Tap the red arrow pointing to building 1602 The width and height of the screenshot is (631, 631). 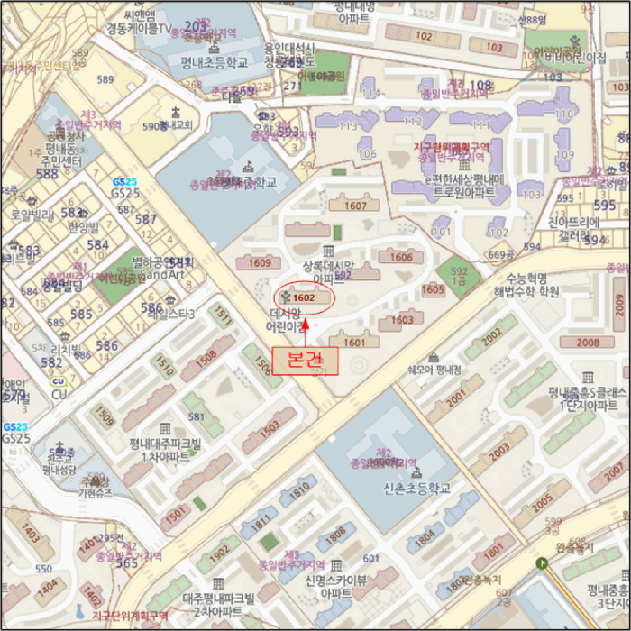click(x=305, y=327)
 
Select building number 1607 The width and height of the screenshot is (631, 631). click(x=356, y=206)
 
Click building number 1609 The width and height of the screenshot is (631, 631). click(x=260, y=263)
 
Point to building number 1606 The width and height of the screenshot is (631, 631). click(x=401, y=257)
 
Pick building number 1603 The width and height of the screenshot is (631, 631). click(x=402, y=320)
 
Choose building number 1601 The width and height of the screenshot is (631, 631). click(x=354, y=342)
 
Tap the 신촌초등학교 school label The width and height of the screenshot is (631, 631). click(x=416, y=488)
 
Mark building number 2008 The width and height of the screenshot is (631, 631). click(x=587, y=343)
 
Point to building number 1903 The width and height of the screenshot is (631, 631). click(x=270, y=435)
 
